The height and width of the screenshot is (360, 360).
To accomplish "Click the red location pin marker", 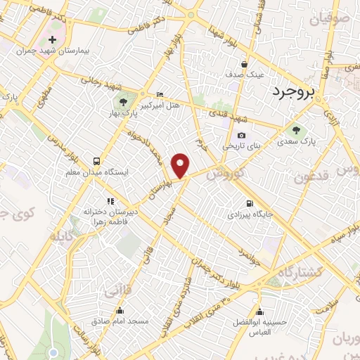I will click(x=181, y=165).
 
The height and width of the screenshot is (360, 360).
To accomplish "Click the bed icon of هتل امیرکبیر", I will click(x=160, y=94).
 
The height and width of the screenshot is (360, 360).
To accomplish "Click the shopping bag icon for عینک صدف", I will click(x=244, y=60).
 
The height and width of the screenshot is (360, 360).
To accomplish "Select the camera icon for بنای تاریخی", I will click(x=241, y=135).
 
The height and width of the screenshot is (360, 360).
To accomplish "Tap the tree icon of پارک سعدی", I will click(x=296, y=129).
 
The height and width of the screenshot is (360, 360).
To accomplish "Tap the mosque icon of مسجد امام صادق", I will click(x=119, y=310).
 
